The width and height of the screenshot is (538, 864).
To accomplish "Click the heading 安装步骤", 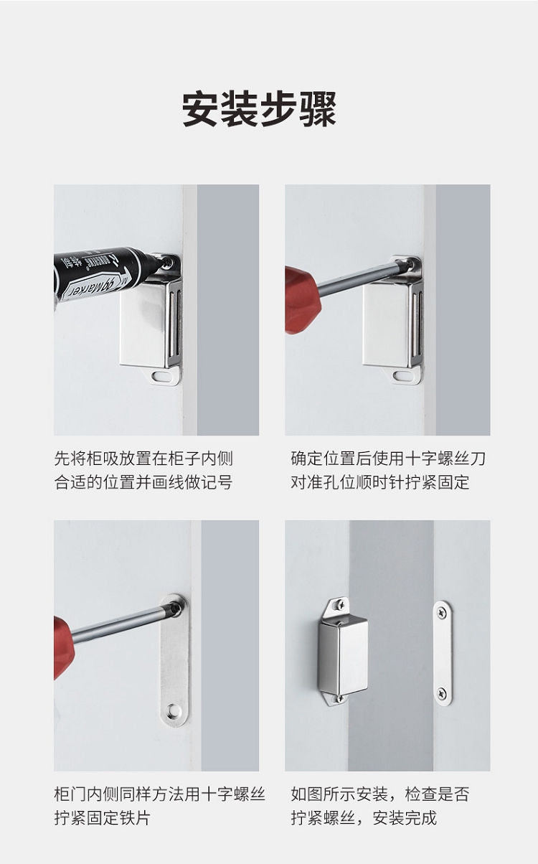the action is [x=259, y=109].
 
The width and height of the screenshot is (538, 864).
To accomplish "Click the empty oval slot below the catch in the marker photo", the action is [x=162, y=376].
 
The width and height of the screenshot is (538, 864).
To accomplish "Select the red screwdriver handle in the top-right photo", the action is [x=303, y=299].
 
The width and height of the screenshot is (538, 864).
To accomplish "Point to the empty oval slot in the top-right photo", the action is [x=403, y=375].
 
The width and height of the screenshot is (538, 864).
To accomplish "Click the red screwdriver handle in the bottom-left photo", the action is [x=64, y=647].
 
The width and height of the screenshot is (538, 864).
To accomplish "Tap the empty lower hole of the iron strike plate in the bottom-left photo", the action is [x=174, y=708].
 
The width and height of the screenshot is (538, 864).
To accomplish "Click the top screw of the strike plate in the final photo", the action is [x=442, y=611].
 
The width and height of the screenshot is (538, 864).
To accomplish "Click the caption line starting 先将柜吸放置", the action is [x=143, y=459].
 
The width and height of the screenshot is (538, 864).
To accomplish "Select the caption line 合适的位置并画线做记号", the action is [x=143, y=482].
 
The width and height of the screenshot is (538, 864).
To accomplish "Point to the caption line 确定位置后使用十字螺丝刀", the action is [x=388, y=459].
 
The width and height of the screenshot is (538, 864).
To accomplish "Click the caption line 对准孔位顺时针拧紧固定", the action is [x=380, y=482].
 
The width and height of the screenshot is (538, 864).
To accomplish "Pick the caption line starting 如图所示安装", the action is [x=380, y=794].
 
